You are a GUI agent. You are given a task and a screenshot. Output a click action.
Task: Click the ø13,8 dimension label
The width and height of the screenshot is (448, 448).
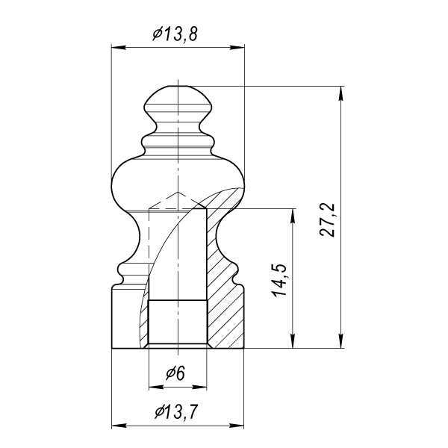click(x=175, y=34)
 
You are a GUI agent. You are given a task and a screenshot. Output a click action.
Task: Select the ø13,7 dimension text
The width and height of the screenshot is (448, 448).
click(x=176, y=411)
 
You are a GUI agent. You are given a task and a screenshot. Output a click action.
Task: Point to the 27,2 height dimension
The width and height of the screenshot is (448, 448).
click(x=327, y=220)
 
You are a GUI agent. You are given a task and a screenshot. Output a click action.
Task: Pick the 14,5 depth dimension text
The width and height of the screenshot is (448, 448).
click(x=280, y=279)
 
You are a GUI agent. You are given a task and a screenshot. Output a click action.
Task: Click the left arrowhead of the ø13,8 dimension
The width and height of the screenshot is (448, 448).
click(x=119, y=48)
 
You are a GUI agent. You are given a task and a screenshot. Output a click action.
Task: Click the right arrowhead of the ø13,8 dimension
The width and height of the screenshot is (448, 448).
click(x=237, y=48)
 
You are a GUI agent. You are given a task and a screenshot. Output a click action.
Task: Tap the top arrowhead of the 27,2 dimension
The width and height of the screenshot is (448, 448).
click(x=340, y=93)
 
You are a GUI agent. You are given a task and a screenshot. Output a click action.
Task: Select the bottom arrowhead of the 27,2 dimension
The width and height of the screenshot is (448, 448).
click(x=340, y=341)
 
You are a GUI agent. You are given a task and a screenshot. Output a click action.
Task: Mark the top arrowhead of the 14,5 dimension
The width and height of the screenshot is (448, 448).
click(x=292, y=216)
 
